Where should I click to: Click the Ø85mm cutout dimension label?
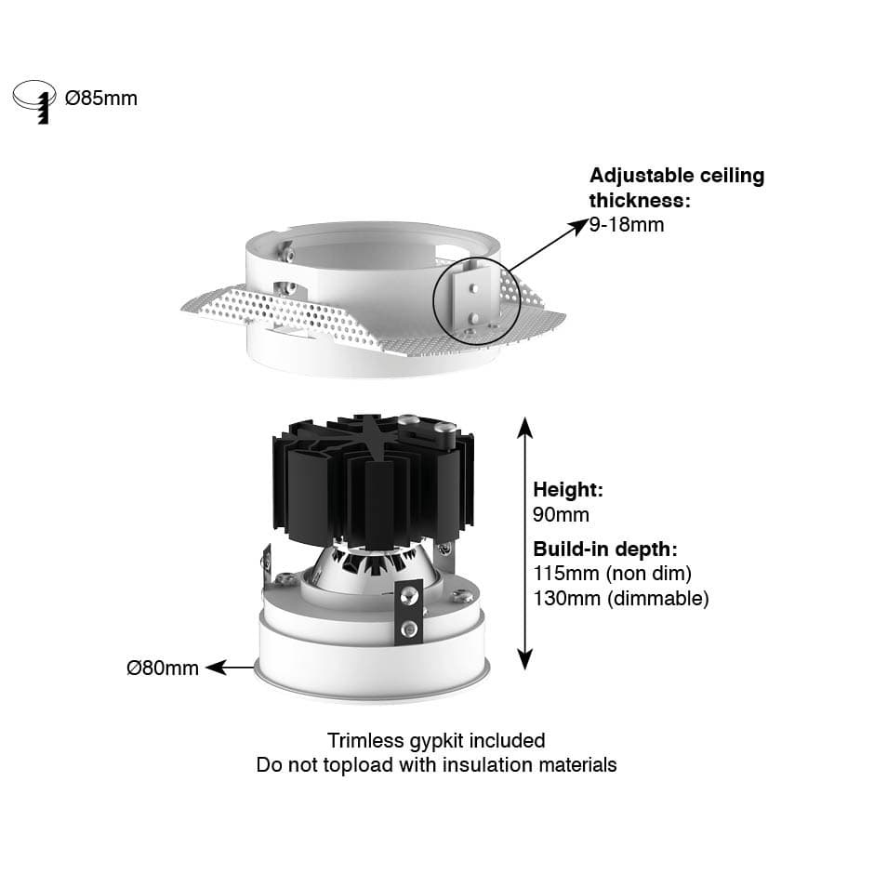coord(101,99)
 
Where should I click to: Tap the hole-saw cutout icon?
coord(34,101)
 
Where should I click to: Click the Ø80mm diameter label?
coord(162,668)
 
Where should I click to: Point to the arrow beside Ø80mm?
coord(231,668)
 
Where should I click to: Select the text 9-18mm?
coord(627,225)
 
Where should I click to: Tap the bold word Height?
coord(568,489)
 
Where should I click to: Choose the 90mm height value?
coord(561,514)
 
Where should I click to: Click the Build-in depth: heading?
coord(605,549)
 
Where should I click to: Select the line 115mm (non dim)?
coord(612,574)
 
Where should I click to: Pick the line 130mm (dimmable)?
coord(621,599)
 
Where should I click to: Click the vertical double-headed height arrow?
coord(524,542)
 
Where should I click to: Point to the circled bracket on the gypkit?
coord(477,300)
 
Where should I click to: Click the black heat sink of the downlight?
coord(374,481)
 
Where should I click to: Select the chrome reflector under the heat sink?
coord(368,567)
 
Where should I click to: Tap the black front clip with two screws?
coord(409,612)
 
